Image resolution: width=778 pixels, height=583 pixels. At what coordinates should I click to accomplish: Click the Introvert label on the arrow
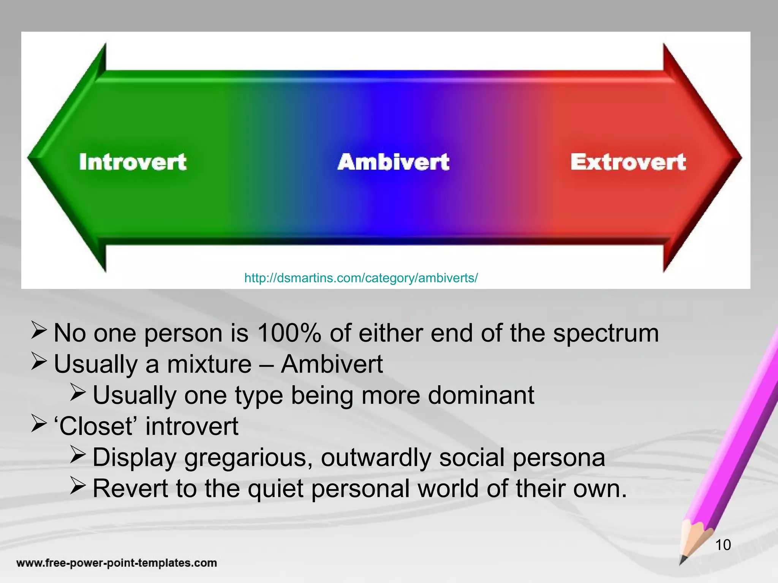click(133, 162)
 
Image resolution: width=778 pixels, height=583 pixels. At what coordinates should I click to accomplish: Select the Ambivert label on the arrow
click(394, 162)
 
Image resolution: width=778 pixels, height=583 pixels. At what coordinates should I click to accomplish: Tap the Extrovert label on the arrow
click(628, 162)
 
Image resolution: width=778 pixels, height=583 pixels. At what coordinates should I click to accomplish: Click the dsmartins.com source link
click(361, 278)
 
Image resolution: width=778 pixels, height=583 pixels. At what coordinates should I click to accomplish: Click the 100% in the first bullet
click(289, 333)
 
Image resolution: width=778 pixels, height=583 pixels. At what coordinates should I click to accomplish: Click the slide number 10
click(723, 545)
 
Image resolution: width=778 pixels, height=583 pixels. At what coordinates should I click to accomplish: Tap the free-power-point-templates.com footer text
click(117, 563)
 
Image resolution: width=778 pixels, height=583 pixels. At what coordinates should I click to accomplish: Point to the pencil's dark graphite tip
click(683, 560)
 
